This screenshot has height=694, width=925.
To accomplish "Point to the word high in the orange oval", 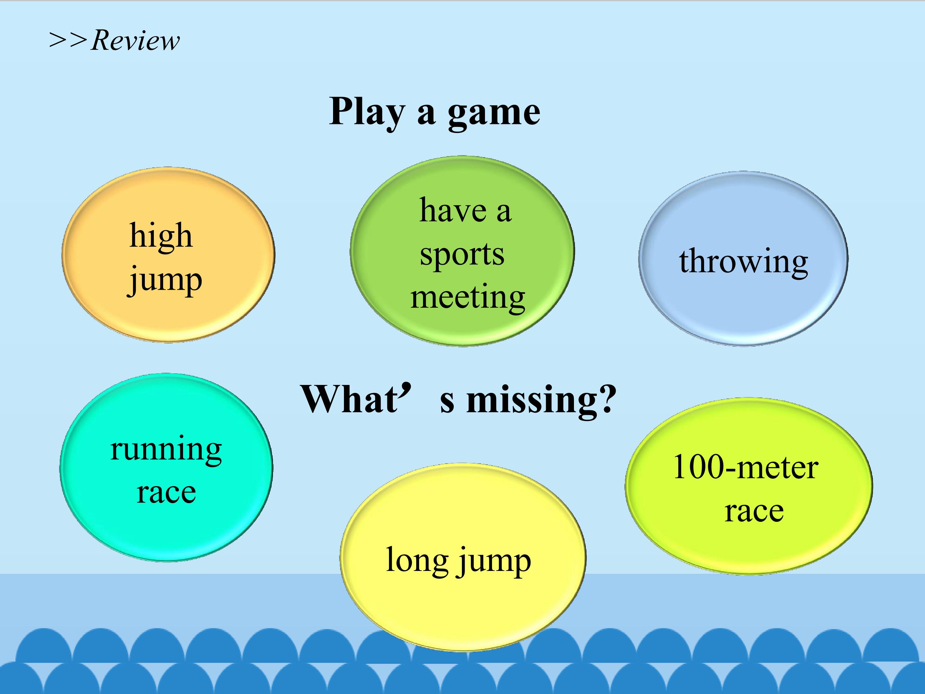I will pos(161,236).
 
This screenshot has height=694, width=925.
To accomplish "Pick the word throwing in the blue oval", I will pos(744,262).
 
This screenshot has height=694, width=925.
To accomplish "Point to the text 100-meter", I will pos(745,467).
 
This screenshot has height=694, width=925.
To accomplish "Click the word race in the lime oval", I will pos(754,511).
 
